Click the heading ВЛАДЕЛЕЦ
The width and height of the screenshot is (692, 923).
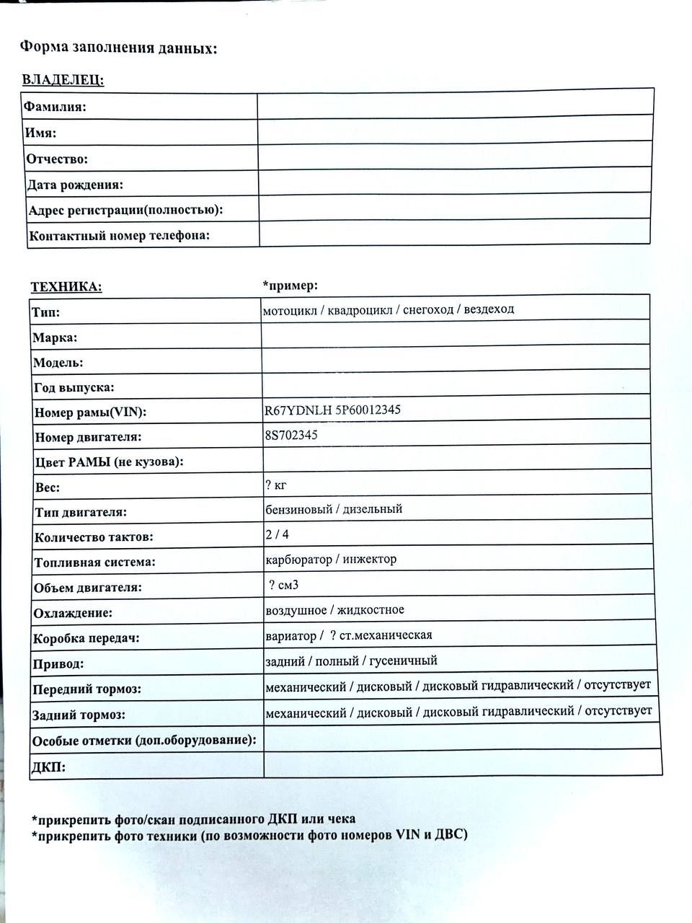[x=63, y=79]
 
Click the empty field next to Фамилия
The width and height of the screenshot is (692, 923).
[x=455, y=104]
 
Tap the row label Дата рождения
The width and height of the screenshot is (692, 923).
[x=75, y=185]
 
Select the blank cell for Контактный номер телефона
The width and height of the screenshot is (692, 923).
[x=455, y=234]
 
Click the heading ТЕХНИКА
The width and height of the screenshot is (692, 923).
[x=66, y=287]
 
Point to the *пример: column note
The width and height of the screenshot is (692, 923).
[x=290, y=286]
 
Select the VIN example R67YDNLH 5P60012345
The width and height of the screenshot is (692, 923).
[x=332, y=410]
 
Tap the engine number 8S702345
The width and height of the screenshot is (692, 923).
[x=291, y=436]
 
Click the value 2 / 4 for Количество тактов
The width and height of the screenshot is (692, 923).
[x=278, y=534]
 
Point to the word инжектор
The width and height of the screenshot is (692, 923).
[x=370, y=559]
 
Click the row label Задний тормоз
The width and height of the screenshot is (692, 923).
[x=79, y=715]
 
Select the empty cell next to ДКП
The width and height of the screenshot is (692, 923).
[x=462, y=763]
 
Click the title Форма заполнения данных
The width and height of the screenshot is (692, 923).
[x=118, y=48]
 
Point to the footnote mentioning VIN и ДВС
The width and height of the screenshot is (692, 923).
[x=249, y=835]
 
